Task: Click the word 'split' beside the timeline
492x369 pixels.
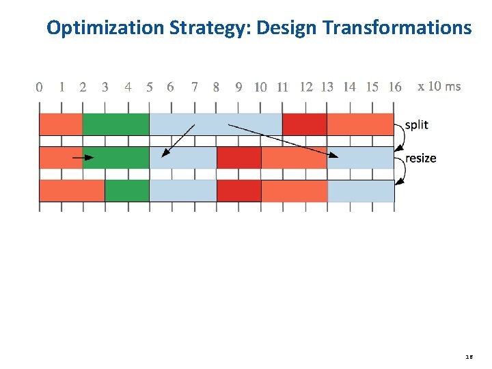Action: pyautogui.click(x=416, y=125)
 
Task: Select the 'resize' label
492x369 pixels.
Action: pyautogui.click(x=420, y=158)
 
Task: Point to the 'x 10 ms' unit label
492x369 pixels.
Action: pyautogui.click(x=439, y=86)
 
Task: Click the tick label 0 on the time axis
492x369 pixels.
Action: pyautogui.click(x=39, y=87)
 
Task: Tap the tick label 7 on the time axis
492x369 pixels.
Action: pyautogui.click(x=195, y=87)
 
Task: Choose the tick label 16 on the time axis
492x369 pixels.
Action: pyautogui.click(x=394, y=87)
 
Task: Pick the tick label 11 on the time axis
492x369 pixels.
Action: pyautogui.click(x=282, y=87)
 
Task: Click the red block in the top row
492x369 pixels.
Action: pyautogui.click(x=304, y=124)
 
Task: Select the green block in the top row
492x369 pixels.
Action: pyautogui.click(x=115, y=124)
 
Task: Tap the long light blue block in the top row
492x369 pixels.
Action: pyautogui.click(x=215, y=124)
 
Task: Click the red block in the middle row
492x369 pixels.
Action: pyautogui.click(x=238, y=158)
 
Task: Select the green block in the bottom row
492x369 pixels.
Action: pyautogui.click(x=126, y=191)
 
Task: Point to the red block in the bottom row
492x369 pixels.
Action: pyautogui.click(x=238, y=191)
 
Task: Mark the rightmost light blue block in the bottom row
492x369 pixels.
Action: pyautogui.click(x=361, y=191)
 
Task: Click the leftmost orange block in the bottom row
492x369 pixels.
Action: pyautogui.click(x=72, y=191)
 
